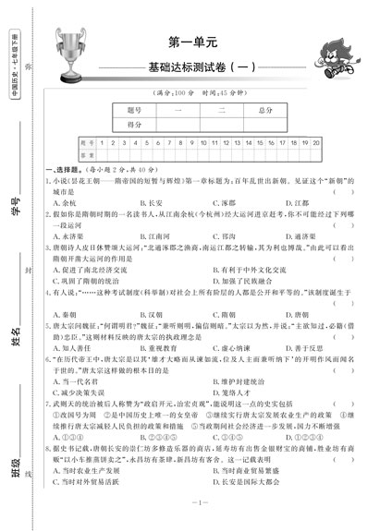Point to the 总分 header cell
pos(266,109)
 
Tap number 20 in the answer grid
pos(316,144)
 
